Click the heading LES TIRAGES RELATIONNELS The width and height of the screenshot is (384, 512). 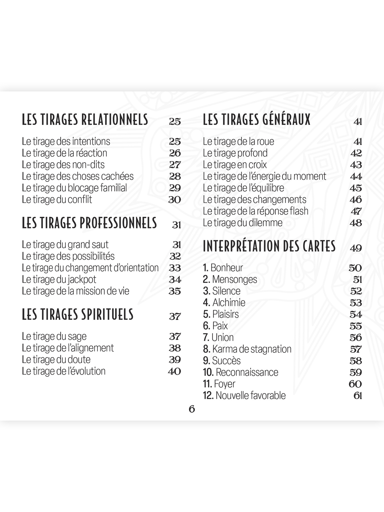85,120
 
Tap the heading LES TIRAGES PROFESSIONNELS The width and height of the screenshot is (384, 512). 89,223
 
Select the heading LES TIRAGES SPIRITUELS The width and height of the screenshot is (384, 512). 78,315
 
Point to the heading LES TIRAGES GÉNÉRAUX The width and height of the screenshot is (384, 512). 257,120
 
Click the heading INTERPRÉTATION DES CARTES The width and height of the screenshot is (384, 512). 269,246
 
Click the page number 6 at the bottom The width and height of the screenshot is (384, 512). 192,409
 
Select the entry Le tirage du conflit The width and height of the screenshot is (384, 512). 57,200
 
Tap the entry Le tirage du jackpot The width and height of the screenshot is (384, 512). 59,279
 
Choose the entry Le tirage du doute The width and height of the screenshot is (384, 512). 56,360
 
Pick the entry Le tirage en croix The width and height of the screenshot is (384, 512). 235,165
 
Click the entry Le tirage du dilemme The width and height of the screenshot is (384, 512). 242,223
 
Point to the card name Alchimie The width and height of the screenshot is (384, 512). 229,303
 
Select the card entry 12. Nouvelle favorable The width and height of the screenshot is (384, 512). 244,395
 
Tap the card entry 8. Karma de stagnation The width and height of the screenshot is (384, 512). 247,349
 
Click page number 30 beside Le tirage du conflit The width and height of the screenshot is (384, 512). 174,200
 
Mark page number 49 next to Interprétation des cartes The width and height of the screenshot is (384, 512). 356,248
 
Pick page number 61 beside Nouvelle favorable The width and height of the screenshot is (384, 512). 358,396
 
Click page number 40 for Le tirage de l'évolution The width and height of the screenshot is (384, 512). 174,371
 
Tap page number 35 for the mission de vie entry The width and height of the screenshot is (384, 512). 175,291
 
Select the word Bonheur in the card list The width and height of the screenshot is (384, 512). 227,268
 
